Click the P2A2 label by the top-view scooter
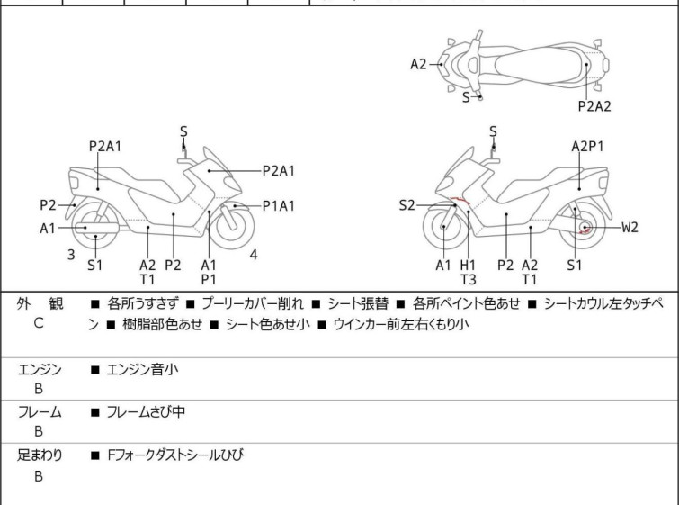594,105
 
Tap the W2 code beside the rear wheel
630,227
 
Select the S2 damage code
407,206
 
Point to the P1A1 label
279,206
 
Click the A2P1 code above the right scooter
588,146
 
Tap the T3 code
468,279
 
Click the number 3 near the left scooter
70,255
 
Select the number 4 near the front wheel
254,255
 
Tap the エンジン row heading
40,368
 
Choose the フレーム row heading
40,411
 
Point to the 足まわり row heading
40,455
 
